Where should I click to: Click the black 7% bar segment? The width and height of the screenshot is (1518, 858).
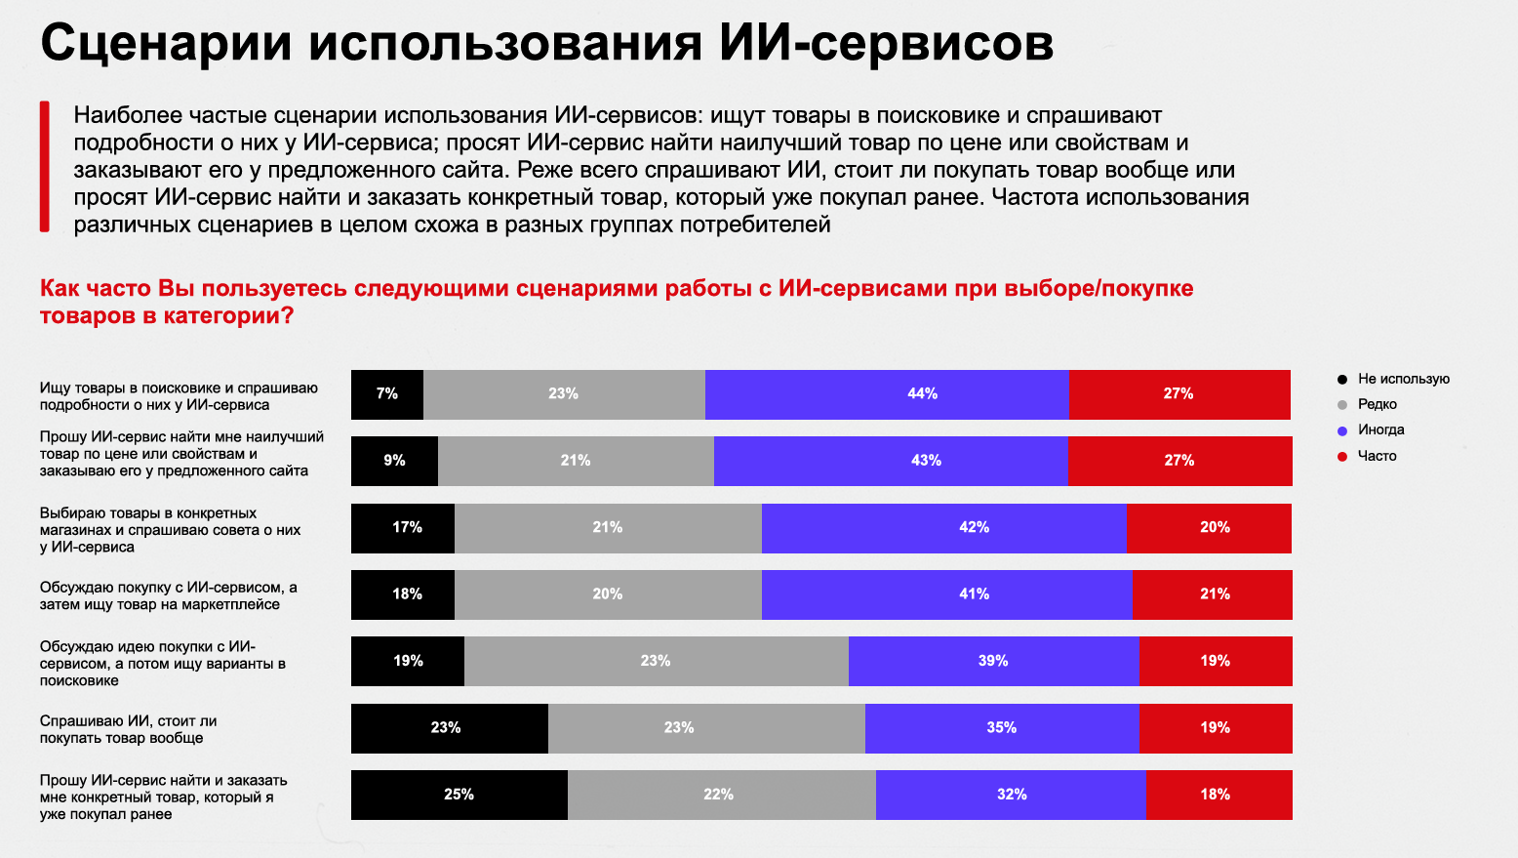click(387, 394)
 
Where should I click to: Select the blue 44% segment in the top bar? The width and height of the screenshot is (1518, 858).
click(887, 394)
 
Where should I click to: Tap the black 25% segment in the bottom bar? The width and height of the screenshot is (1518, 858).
click(459, 795)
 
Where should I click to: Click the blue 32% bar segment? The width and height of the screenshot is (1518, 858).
click(1011, 795)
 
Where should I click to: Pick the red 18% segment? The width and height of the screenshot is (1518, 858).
click(1219, 795)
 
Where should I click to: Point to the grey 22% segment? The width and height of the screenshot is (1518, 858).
click(722, 795)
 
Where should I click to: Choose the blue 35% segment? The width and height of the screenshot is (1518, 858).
click(1002, 728)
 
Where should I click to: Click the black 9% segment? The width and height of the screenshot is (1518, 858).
click(394, 462)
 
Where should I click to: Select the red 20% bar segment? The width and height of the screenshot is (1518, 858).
click(1209, 528)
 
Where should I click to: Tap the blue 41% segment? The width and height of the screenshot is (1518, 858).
click(947, 594)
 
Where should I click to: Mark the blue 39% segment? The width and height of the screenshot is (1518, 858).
click(994, 661)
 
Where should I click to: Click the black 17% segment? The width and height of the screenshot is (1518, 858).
click(403, 528)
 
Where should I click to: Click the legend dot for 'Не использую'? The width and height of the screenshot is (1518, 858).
click(1341, 379)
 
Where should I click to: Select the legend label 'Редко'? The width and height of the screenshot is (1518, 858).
click(1378, 404)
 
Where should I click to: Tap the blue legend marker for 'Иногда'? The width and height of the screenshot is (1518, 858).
click(1341, 430)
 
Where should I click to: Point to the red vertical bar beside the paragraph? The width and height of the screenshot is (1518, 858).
click(45, 167)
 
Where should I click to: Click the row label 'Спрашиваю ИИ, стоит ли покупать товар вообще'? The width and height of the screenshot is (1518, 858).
click(128, 729)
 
